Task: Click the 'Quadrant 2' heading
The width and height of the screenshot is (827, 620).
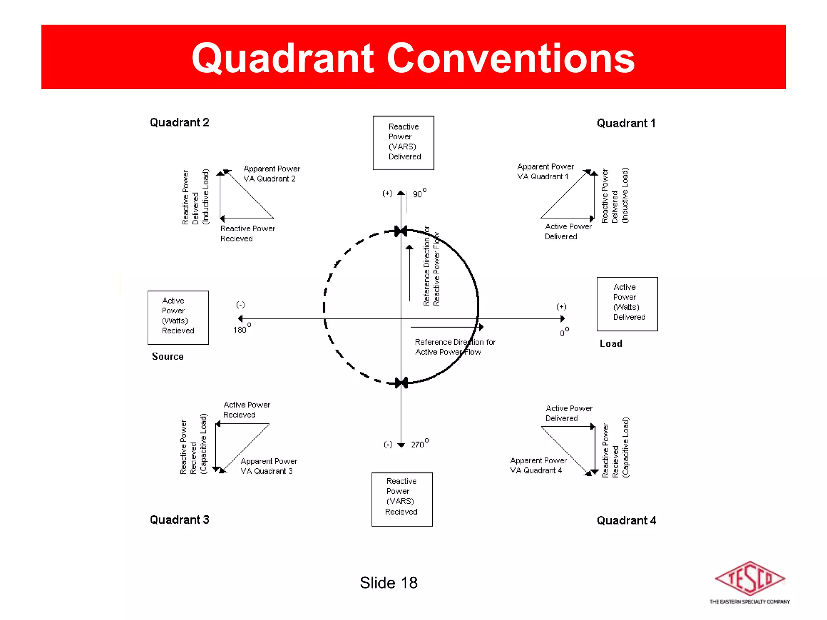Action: click(179, 122)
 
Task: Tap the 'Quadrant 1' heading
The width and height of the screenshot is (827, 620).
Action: click(626, 123)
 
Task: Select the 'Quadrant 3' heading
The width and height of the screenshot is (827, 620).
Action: click(179, 519)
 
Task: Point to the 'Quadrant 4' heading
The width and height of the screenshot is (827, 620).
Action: click(626, 520)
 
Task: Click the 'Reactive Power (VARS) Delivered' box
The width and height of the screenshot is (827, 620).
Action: click(403, 142)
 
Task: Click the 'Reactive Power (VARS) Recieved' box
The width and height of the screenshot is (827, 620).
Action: click(402, 499)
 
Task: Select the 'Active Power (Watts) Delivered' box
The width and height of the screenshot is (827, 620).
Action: click(627, 304)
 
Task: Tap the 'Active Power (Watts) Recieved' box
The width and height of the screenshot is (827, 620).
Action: click(178, 317)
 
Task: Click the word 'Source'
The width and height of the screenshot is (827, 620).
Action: click(168, 356)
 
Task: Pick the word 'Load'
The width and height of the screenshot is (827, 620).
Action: click(611, 344)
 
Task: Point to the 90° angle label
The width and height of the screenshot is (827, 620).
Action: click(419, 193)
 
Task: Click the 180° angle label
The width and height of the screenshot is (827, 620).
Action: click(241, 329)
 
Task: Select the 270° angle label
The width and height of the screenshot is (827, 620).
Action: click(420, 444)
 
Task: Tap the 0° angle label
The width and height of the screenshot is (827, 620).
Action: click(564, 332)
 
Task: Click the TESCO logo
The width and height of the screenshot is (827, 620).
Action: click(749, 582)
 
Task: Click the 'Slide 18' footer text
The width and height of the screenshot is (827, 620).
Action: click(388, 582)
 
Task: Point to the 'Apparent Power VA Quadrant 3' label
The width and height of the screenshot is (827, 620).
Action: click(268, 466)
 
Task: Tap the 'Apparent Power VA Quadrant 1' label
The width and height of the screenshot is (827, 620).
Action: click(545, 172)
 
